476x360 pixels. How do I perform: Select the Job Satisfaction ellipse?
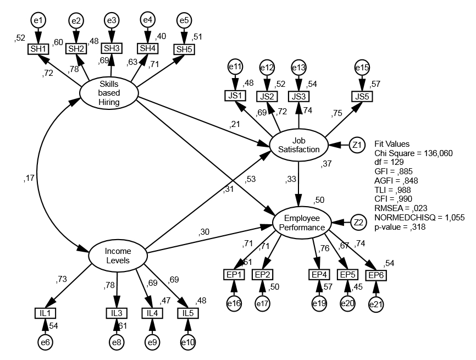tap(298, 146)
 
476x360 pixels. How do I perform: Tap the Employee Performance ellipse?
tap(302, 223)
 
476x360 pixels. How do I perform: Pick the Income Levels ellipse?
tap(118, 255)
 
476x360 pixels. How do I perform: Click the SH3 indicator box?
tap(112, 48)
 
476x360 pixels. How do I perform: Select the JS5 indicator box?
tap(361, 96)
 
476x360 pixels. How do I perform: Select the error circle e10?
tap(188, 342)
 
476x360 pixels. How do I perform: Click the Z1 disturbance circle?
tap(357, 145)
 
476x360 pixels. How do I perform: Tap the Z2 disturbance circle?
tap(358, 222)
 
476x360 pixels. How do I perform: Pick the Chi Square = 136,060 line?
tap(413, 153)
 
